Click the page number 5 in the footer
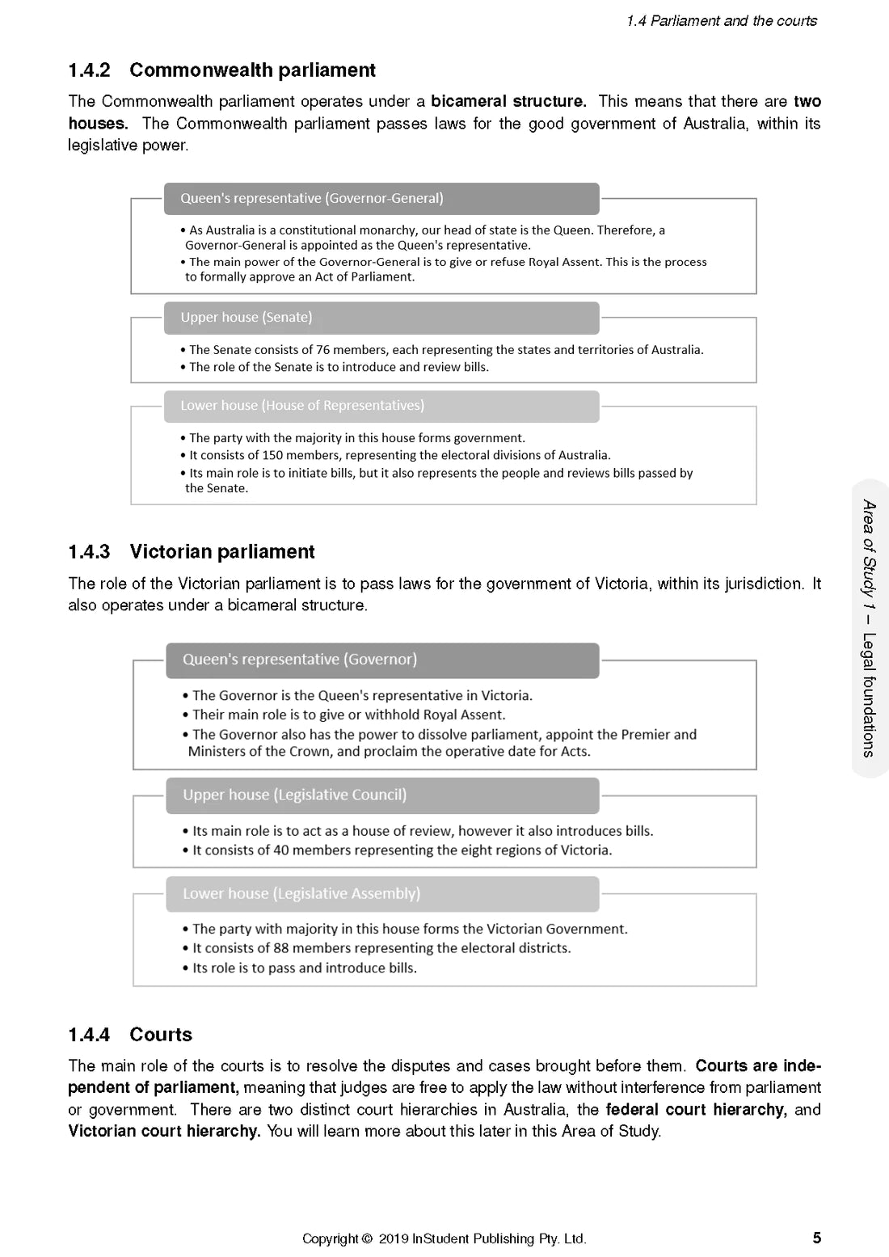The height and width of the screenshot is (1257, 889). pos(816,1238)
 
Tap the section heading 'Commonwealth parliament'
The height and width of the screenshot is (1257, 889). pos(252,70)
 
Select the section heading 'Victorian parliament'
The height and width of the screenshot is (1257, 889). pos(221,552)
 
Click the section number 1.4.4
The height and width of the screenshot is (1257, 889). pos(89,1035)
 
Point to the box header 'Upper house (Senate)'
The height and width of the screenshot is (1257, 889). pos(246,318)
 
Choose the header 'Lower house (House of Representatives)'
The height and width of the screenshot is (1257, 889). pos(302,406)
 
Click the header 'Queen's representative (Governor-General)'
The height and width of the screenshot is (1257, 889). pos(311,199)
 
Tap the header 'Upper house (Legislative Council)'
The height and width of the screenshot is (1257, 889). pos(294,795)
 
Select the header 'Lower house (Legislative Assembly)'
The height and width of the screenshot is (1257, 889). pos(301,894)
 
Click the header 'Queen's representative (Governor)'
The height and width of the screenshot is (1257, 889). pos(300,660)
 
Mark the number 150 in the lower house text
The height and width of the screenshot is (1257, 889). pos(273,455)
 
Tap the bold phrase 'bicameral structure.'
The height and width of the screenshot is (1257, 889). pos(508,102)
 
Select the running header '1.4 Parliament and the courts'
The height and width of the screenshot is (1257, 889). pos(722,21)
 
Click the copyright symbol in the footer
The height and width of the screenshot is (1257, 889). pos(368,1238)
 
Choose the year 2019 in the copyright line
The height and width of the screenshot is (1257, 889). pos(393,1238)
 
